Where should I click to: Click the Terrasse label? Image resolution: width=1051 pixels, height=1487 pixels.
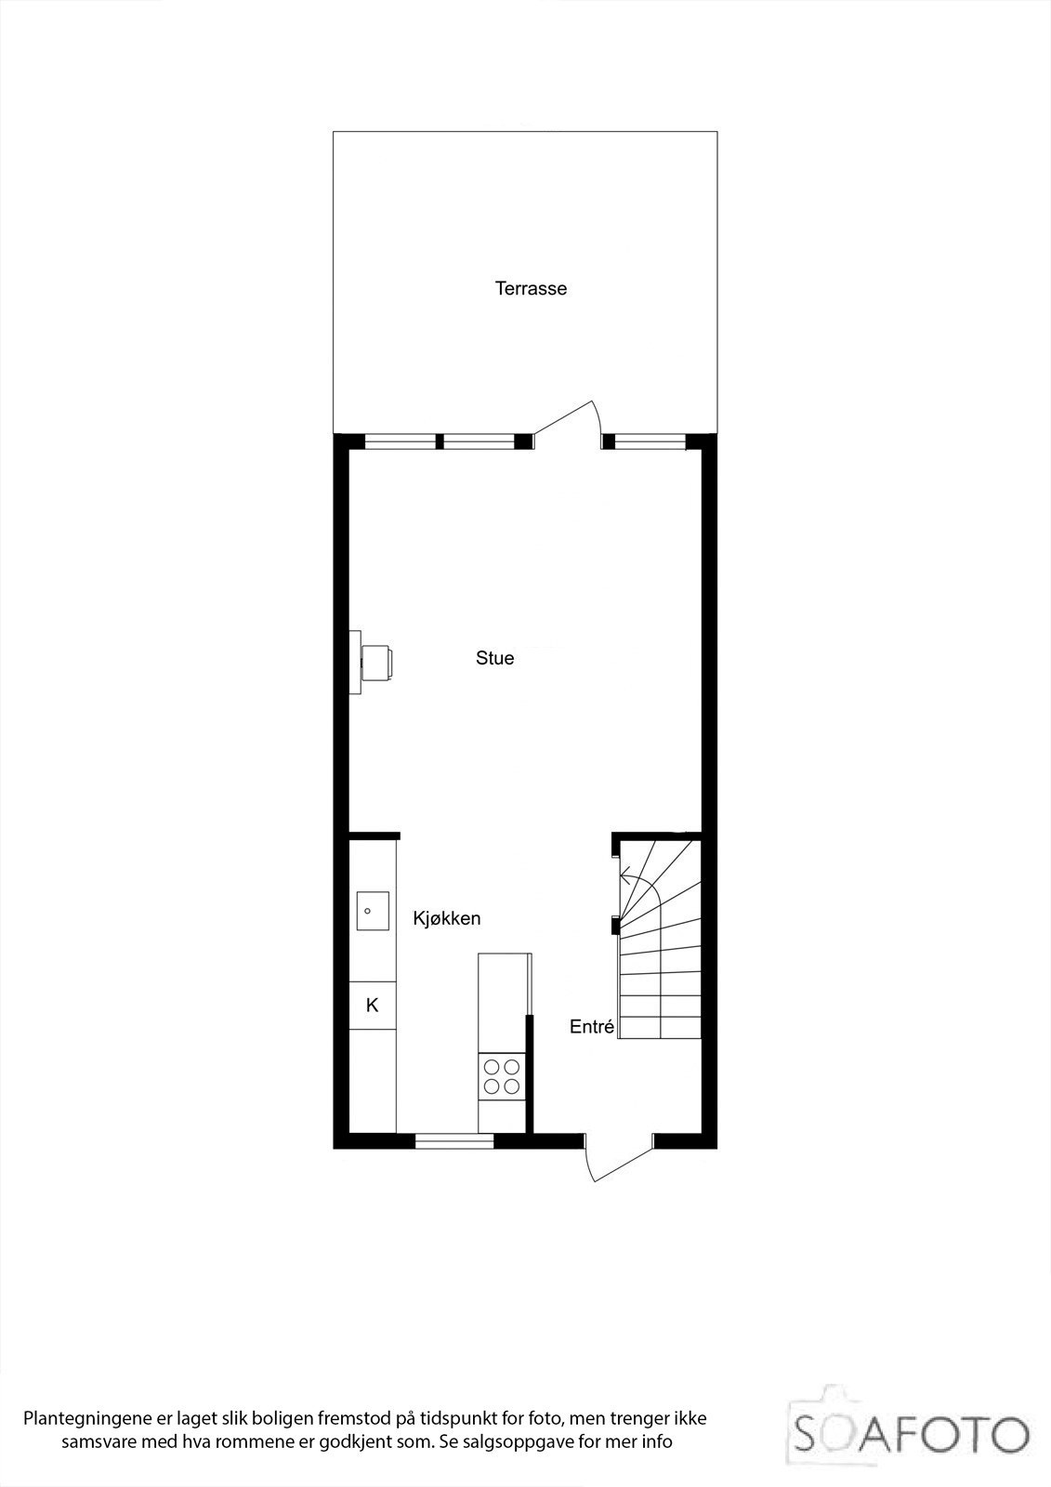point(531,288)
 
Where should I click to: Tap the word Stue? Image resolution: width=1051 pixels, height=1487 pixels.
point(494,658)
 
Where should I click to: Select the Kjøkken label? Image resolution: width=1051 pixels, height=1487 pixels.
point(446,918)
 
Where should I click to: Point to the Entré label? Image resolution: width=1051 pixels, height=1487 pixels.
point(592,1027)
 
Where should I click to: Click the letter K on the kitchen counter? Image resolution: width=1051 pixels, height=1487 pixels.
point(372,1005)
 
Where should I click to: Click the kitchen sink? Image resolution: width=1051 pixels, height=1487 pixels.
point(373,912)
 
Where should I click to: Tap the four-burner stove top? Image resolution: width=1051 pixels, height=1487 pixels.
point(502,1076)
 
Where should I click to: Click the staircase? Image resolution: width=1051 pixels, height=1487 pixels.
point(660,939)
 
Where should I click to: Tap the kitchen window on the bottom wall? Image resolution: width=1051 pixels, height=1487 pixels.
point(453,1140)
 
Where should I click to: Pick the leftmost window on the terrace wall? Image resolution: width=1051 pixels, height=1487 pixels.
point(400,441)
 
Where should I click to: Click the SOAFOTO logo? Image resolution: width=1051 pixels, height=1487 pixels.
point(911,1434)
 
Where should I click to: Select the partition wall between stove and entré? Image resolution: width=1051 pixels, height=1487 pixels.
point(530,1073)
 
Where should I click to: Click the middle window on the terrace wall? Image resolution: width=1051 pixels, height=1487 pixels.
point(478,441)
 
